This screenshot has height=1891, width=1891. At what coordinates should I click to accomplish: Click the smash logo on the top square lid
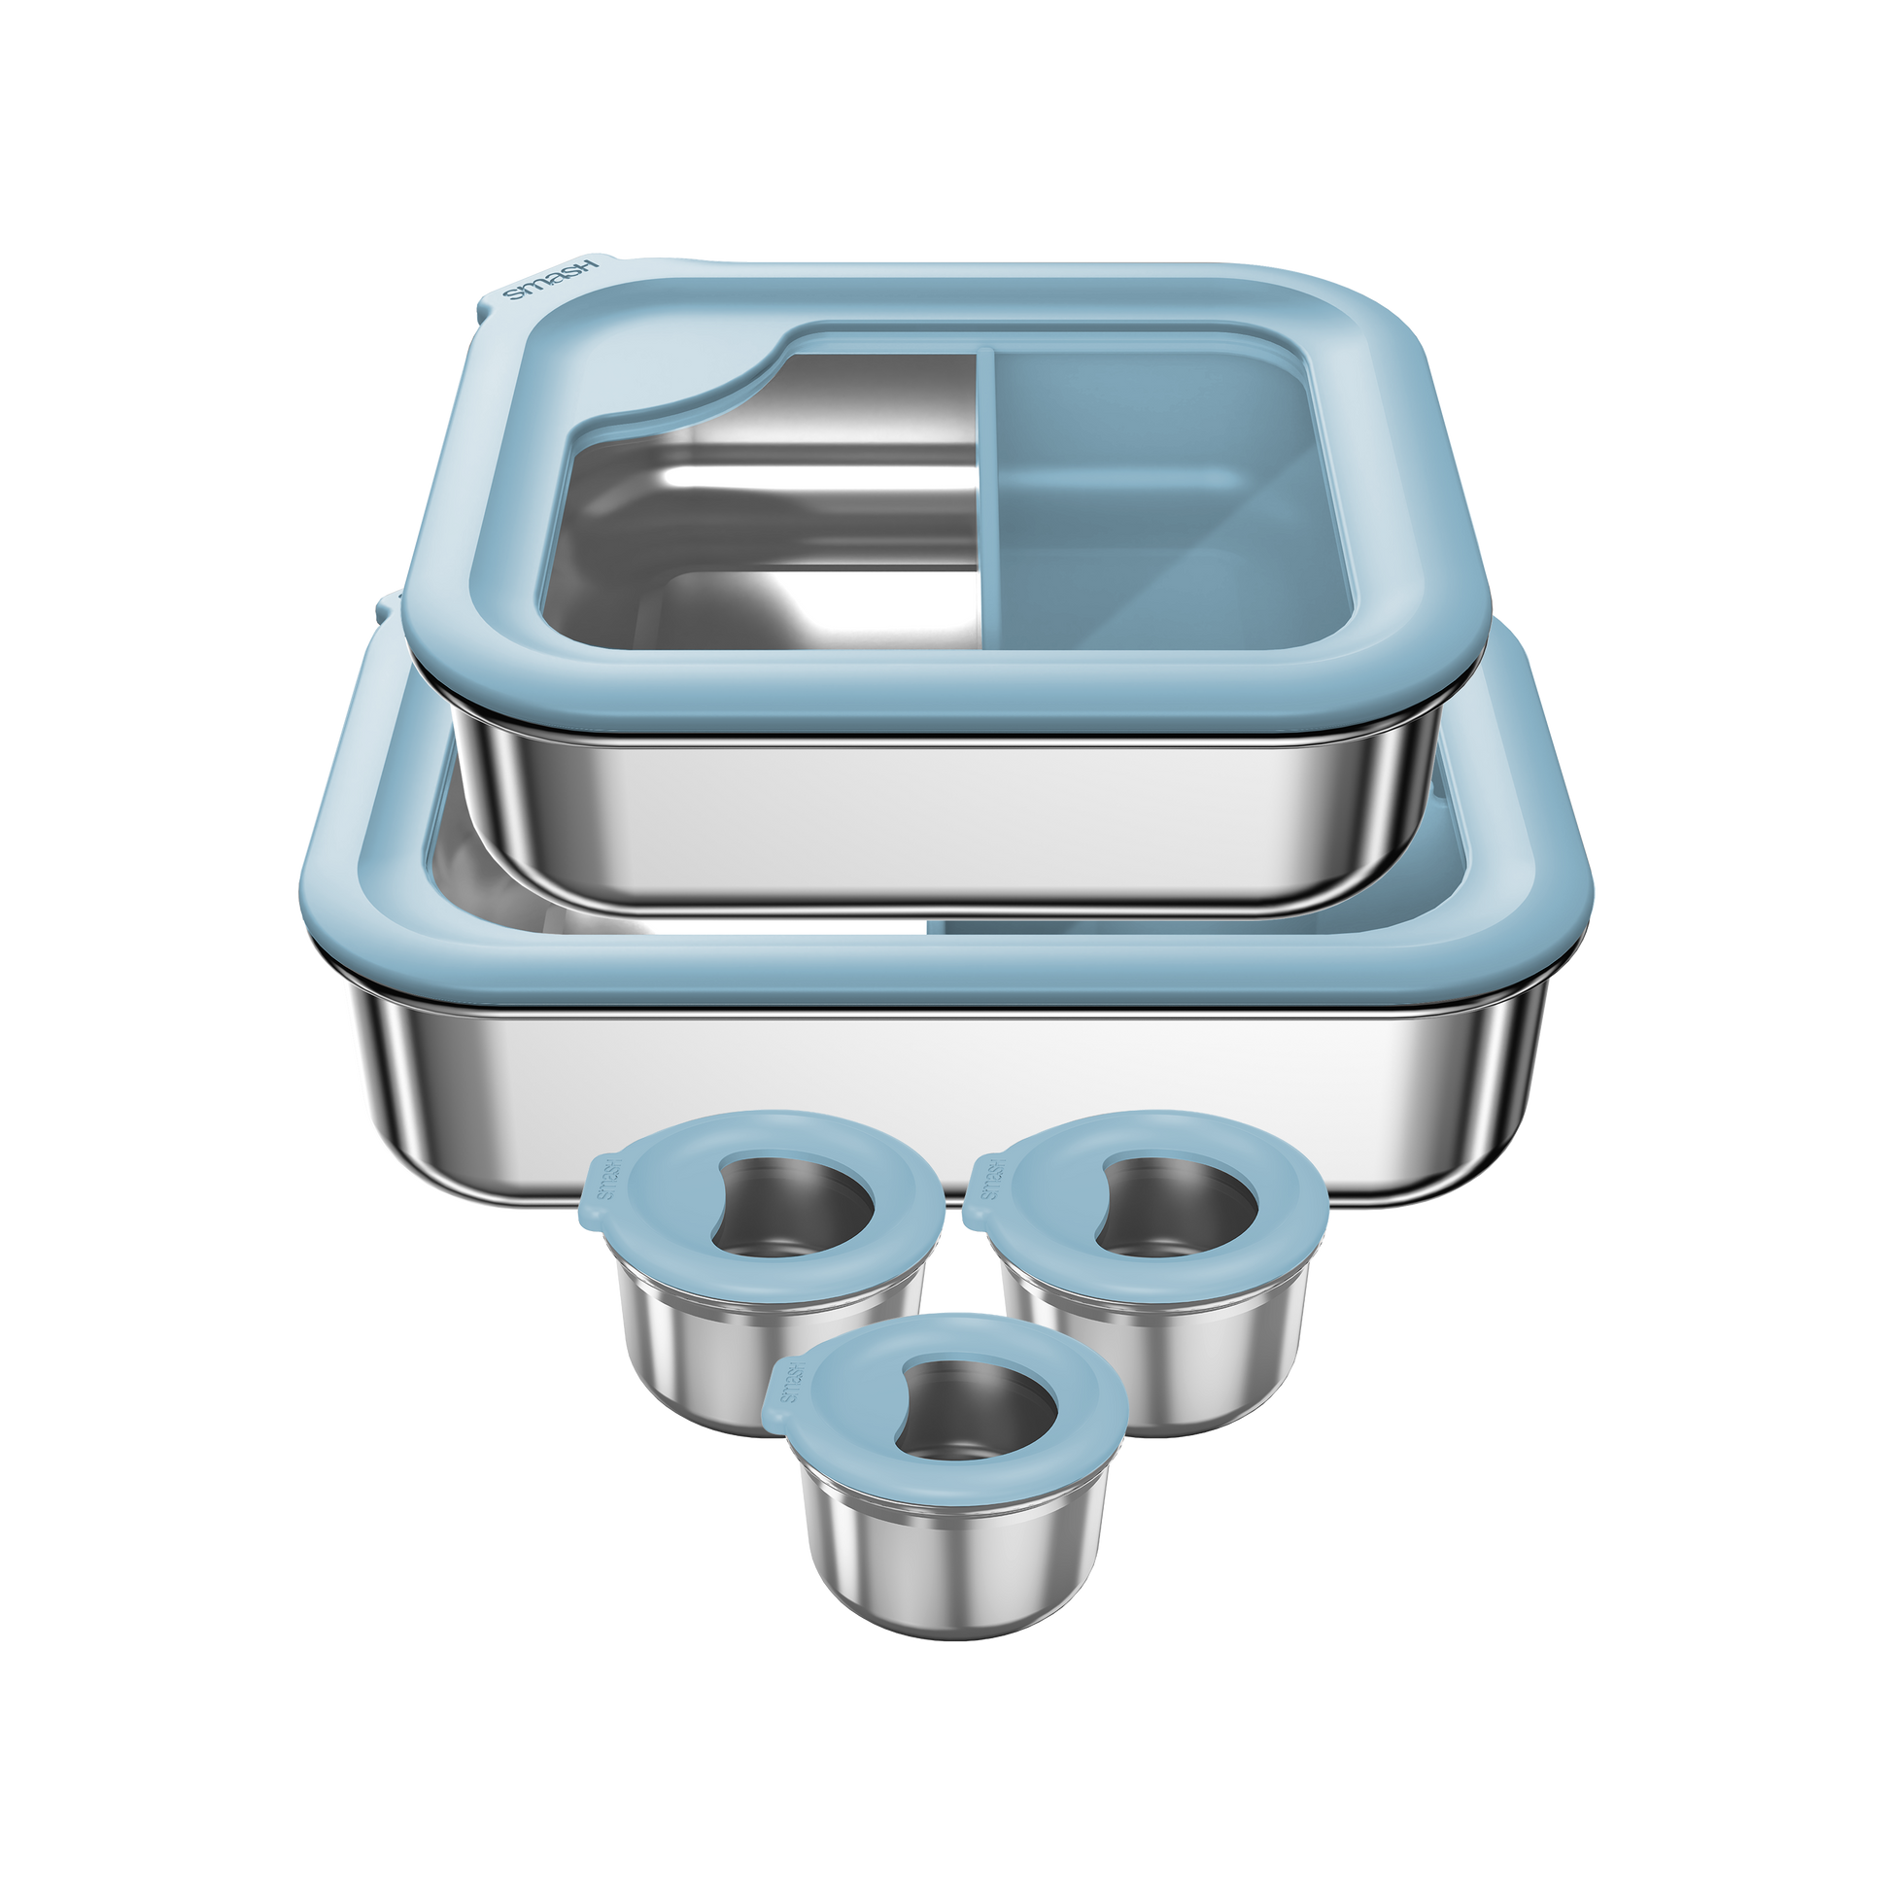(549, 281)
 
